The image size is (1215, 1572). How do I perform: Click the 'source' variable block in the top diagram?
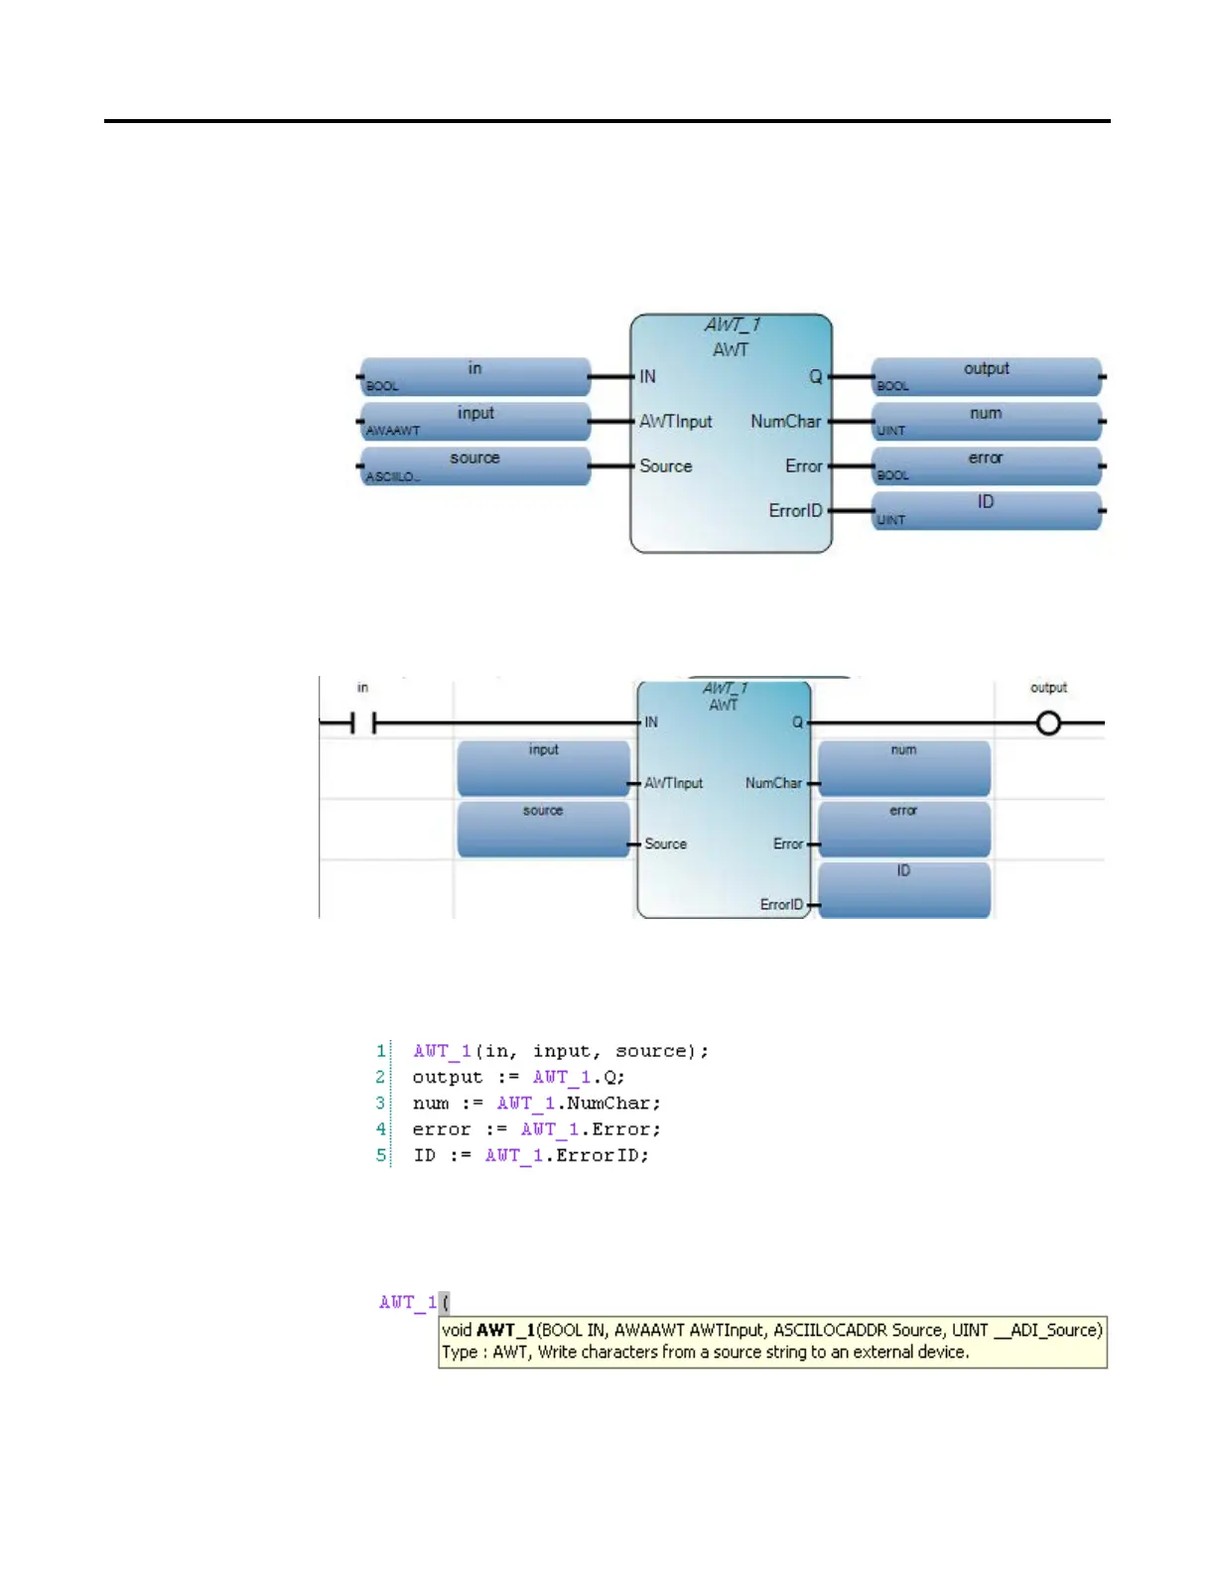[x=475, y=465]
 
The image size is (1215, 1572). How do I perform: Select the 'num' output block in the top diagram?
[x=987, y=421]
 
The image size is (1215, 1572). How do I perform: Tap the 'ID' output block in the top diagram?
[x=987, y=510]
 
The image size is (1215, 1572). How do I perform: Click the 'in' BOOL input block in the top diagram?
[x=475, y=376]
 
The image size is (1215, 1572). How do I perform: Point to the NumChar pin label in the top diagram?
[x=785, y=421]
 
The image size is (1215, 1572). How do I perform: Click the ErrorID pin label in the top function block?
[x=795, y=510]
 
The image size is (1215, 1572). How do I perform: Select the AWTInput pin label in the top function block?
[x=676, y=421]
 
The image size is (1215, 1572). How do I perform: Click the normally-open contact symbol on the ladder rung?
[x=363, y=723]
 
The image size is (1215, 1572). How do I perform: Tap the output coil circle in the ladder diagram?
[x=1048, y=723]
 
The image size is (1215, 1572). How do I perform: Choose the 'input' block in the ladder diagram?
[x=543, y=767]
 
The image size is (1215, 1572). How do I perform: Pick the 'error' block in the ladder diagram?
[x=903, y=828]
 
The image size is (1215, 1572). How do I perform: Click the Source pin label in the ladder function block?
[x=665, y=844]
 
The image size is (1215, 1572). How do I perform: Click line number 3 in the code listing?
[x=380, y=1104]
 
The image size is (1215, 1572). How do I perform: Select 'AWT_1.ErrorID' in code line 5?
[x=567, y=1155]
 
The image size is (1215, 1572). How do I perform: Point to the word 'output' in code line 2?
[x=447, y=1078]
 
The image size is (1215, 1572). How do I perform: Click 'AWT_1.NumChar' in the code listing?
[x=578, y=1104]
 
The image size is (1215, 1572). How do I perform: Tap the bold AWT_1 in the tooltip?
[x=506, y=1330]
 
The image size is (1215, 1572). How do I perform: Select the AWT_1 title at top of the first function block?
[x=733, y=325]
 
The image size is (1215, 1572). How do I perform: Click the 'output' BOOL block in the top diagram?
[x=987, y=376]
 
